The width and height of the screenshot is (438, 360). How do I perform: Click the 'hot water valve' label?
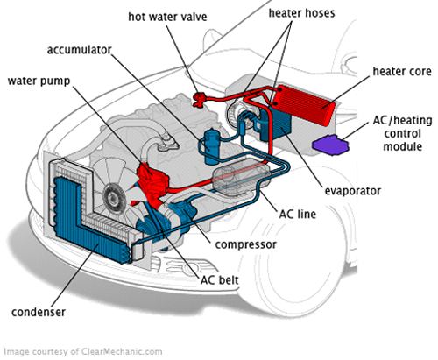point(167,17)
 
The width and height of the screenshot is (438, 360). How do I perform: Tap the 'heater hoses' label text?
point(301,13)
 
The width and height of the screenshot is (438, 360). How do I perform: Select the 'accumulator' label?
point(80,50)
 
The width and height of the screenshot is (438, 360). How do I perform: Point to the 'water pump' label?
point(39,81)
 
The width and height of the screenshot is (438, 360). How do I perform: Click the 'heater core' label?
point(402,72)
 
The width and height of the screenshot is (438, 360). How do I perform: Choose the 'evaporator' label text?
point(353,191)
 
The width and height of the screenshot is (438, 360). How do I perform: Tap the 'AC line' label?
point(298,214)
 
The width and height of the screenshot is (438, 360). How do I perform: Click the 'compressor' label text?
point(245,244)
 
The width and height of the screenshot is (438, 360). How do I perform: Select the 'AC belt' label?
point(220,280)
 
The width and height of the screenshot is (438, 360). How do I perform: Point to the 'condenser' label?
point(39,312)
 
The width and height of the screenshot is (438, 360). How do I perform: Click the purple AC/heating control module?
point(330,145)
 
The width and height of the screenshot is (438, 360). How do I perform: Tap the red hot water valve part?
point(200,99)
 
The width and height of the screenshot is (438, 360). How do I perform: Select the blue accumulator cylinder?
point(211,147)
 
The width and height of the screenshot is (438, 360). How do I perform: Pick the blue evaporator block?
point(279,124)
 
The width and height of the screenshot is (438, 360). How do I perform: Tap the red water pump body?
point(152,181)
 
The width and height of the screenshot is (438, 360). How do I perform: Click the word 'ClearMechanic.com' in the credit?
point(122,351)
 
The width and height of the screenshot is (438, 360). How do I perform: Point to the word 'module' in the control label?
point(402,146)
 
